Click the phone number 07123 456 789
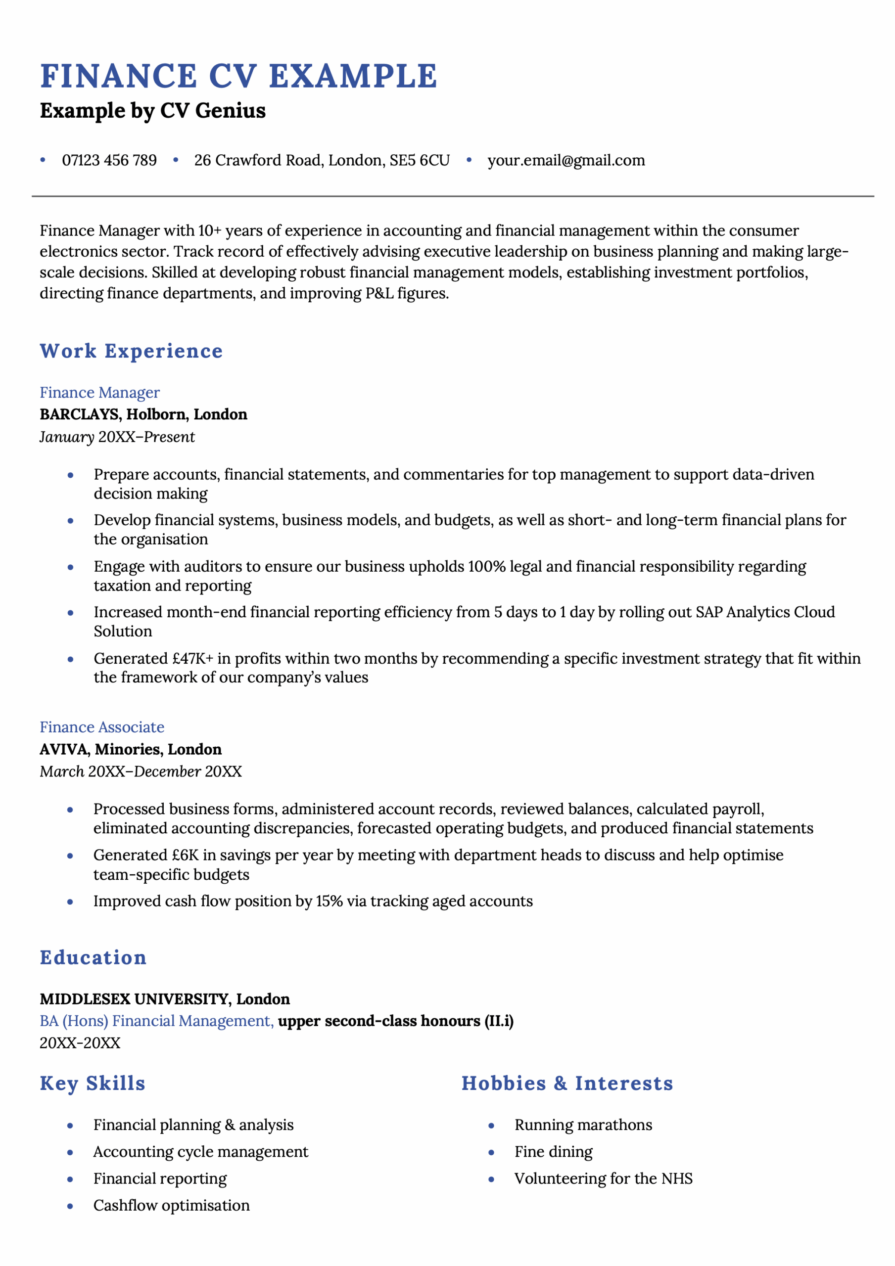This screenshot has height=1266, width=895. [109, 160]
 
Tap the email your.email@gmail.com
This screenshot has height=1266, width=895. [565, 160]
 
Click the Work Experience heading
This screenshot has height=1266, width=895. [131, 351]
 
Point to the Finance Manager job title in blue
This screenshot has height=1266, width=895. [100, 393]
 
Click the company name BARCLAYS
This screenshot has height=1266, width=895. [80, 414]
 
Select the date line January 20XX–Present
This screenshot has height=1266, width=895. [117, 437]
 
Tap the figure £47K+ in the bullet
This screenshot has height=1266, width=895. [192, 658]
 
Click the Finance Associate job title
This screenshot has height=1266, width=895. [102, 727]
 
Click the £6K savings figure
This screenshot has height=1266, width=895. [185, 855]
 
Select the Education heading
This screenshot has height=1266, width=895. [93, 958]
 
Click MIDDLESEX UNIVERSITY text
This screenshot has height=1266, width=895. [135, 999]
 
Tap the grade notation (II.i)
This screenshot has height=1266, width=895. [499, 1021]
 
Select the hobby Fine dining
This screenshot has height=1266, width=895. [554, 1152]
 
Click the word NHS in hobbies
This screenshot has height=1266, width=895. [676, 1179]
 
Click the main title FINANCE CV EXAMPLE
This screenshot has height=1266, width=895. [239, 76]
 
